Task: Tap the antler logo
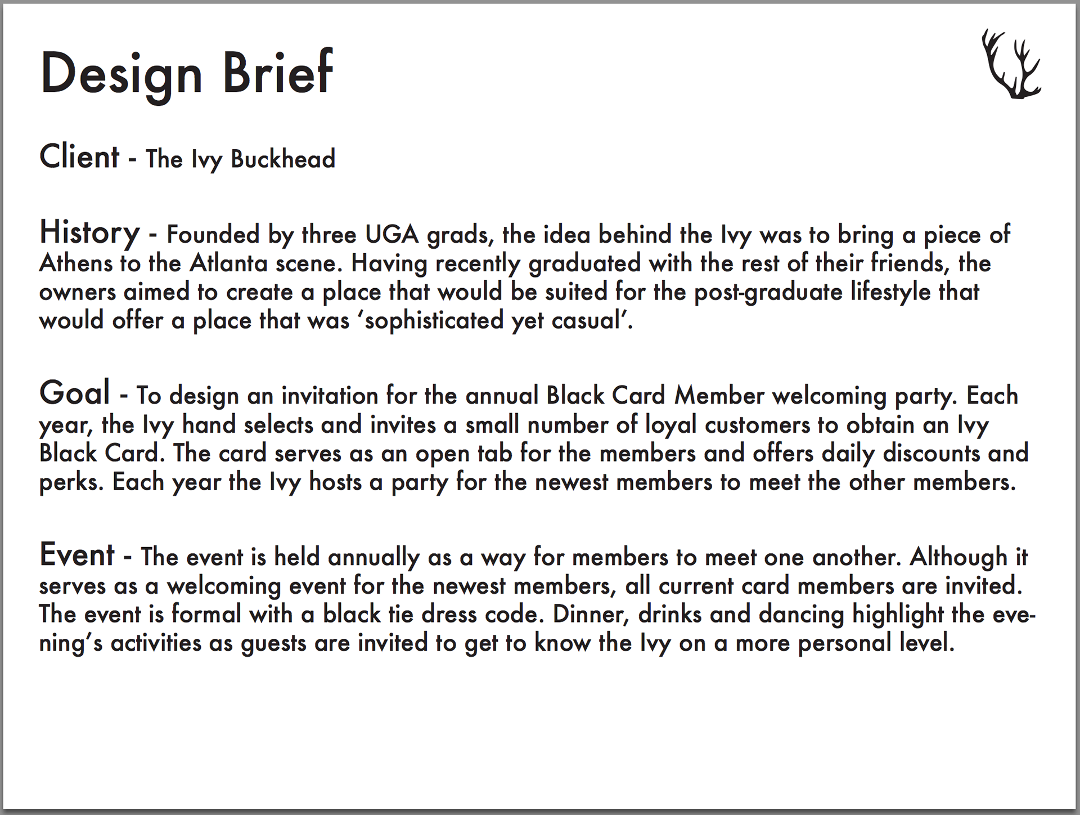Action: pyautogui.click(x=1011, y=65)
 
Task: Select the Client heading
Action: pyautogui.click(x=79, y=156)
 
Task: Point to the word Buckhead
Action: pyautogui.click(x=283, y=159)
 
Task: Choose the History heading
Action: pyautogui.click(x=89, y=232)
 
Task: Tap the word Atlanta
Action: pyautogui.click(x=228, y=263)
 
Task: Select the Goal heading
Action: pyautogui.click(x=74, y=393)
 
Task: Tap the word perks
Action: pyautogui.click(x=71, y=483)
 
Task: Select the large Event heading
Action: pyautogui.click(x=77, y=555)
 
